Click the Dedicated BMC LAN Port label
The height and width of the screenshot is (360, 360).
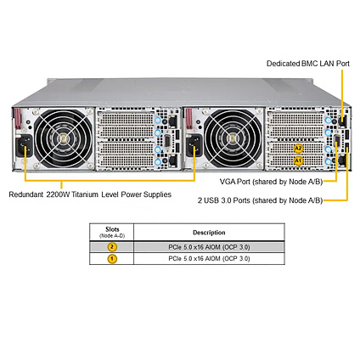pos(308,64)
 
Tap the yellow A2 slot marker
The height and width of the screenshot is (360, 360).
pos(299,149)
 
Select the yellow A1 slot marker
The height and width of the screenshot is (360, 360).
pos(298,161)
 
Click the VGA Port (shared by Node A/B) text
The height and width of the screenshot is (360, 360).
pos(271,182)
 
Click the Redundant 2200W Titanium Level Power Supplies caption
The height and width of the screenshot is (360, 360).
pos(90,194)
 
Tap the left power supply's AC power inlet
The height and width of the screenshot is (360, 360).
pos(24,145)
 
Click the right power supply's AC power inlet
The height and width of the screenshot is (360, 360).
pos(194,145)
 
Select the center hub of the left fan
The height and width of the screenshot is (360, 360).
pos(64,138)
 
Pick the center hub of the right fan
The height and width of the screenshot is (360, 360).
pos(233,138)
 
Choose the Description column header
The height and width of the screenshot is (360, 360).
pos(209,233)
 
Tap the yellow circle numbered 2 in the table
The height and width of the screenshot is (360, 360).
pos(112,247)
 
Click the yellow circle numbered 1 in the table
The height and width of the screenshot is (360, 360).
pos(112,259)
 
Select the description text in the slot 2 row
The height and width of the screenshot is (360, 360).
pos(209,247)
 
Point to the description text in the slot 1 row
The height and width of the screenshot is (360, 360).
pos(209,259)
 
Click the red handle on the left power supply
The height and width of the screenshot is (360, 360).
pos(18,118)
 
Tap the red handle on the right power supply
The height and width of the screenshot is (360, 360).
pos(188,118)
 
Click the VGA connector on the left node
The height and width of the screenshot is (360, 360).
pos(167,142)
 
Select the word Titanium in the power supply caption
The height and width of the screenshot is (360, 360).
pos(85,194)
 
